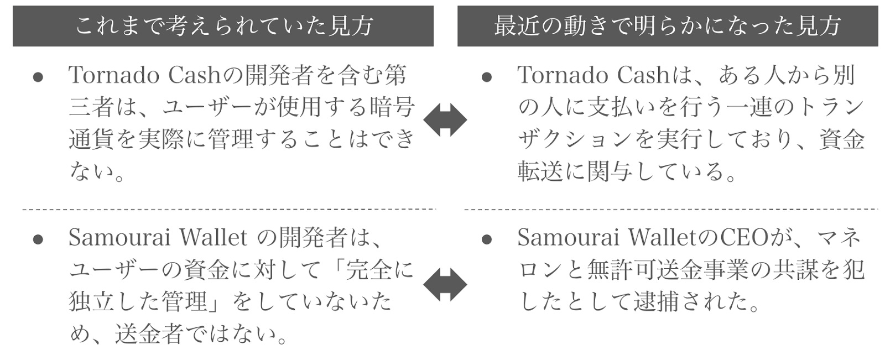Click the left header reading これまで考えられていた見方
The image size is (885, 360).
coord(223,26)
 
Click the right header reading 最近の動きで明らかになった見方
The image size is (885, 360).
coord(668,26)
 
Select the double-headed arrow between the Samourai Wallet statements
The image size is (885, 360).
coord(445,285)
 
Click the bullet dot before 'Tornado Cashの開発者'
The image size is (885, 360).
coord(38,77)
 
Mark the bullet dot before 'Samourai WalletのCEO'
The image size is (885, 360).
coord(487,239)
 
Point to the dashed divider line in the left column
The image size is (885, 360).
coord(228,210)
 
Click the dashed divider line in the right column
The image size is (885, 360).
coord(670,210)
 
